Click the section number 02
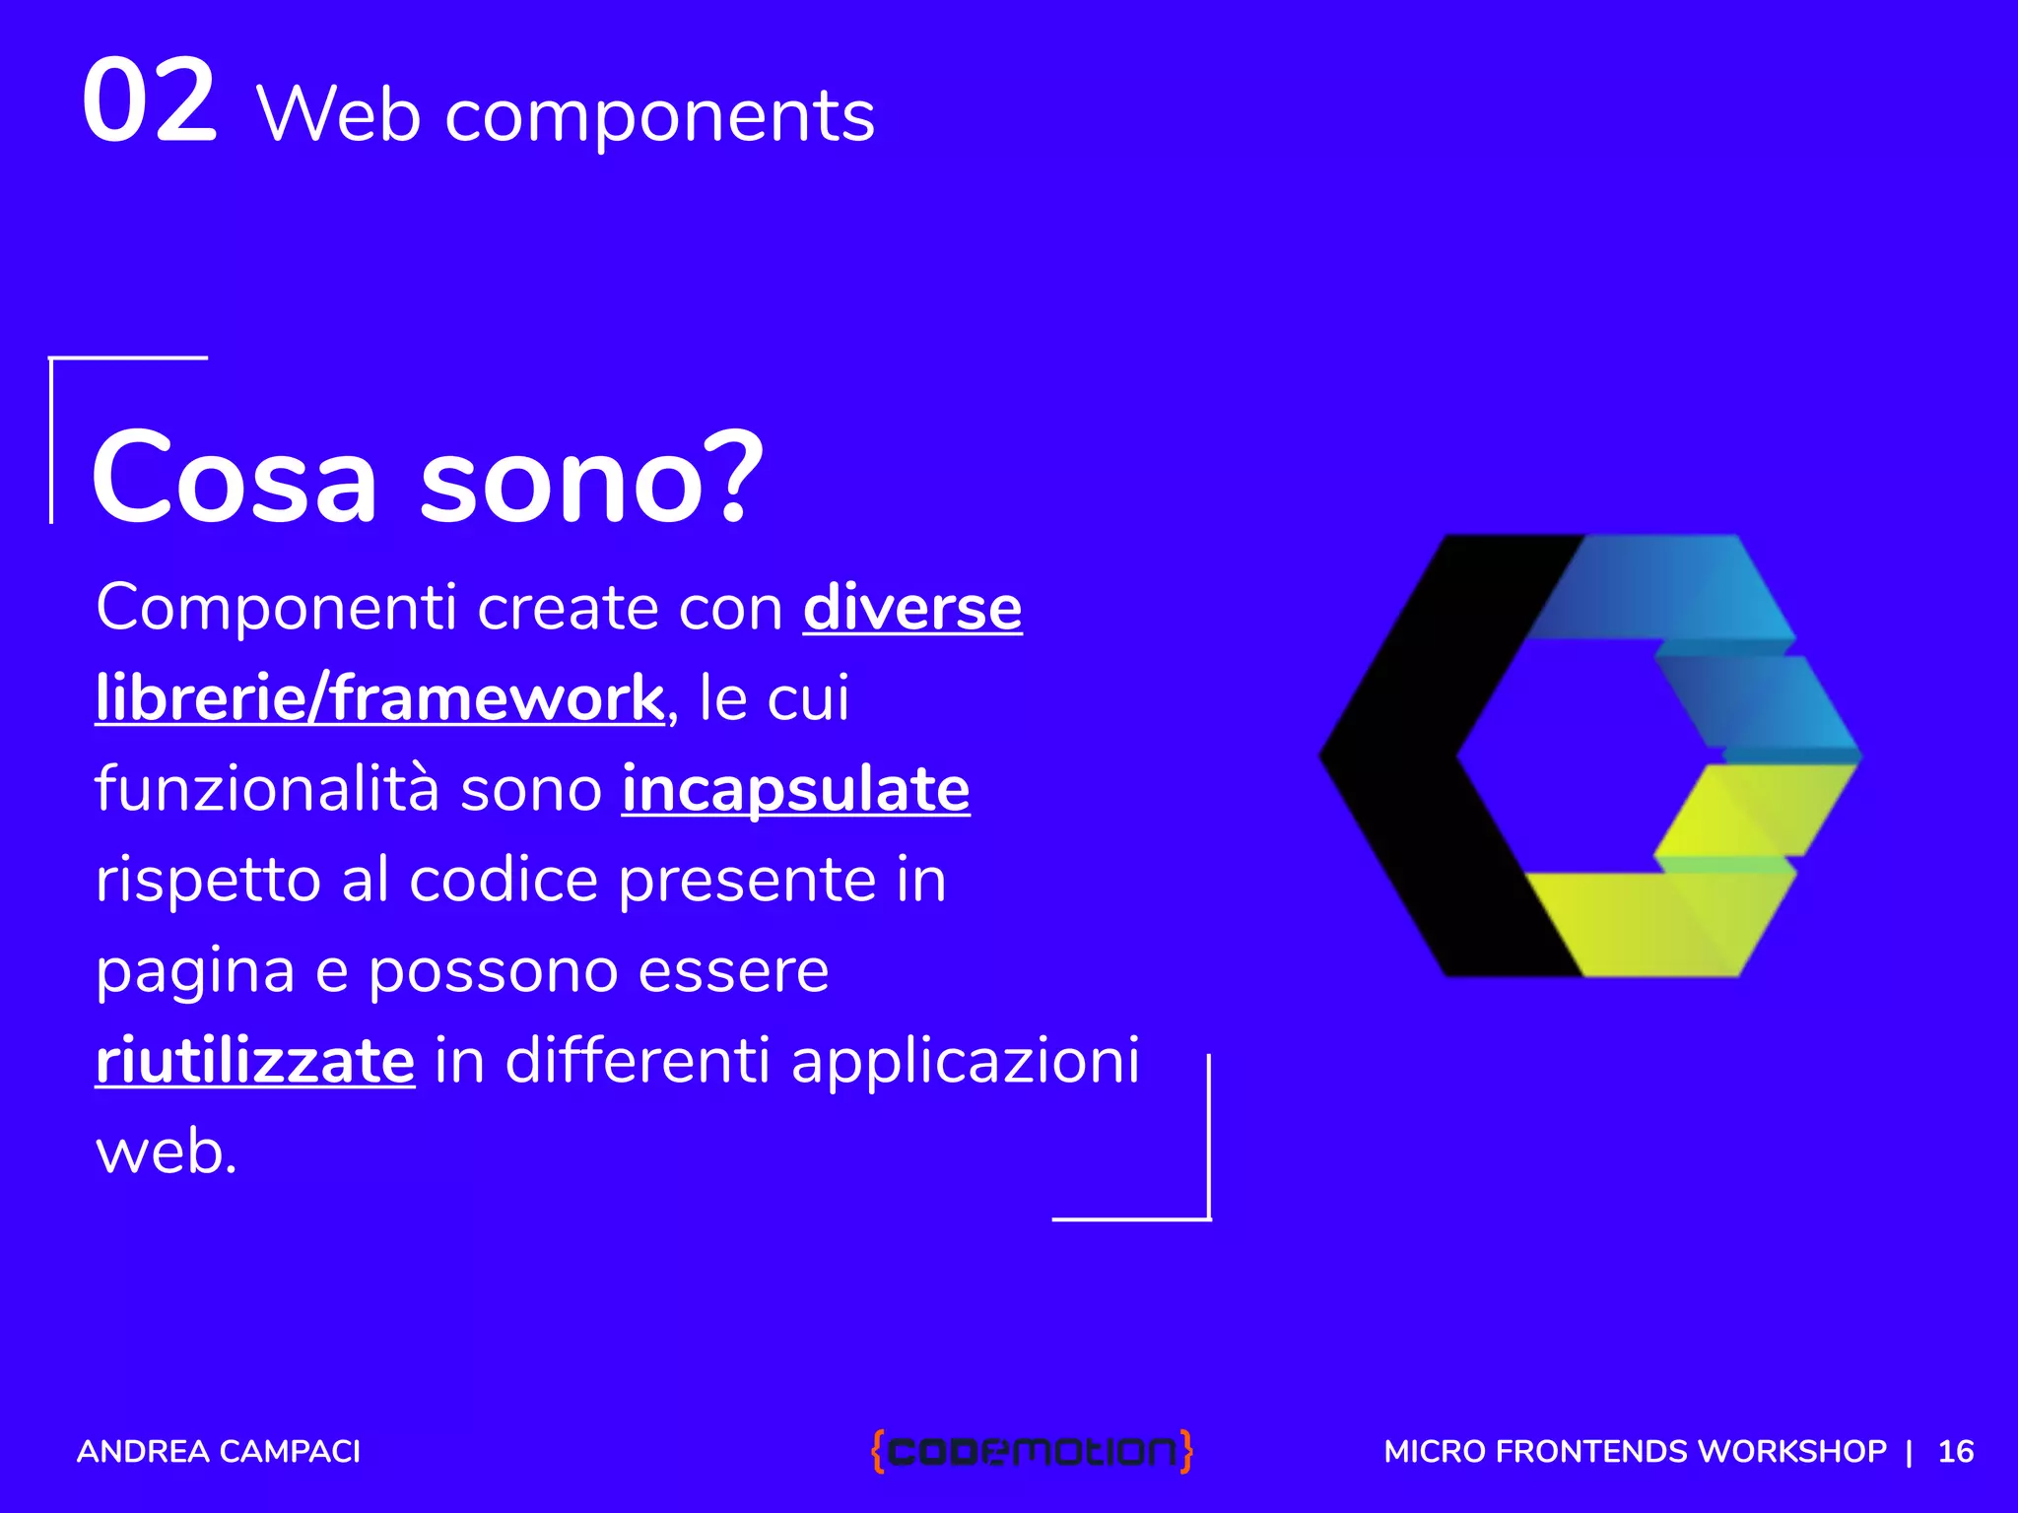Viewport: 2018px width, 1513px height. (149, 100)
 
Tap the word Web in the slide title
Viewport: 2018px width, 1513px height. (338, 115)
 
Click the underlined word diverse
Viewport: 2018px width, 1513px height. (912, 607)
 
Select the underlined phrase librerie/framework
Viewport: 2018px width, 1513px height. (380, 697)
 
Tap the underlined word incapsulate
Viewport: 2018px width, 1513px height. (795, 789)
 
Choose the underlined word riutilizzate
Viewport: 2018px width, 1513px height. (255, 1061)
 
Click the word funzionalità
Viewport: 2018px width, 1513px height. (266, 789)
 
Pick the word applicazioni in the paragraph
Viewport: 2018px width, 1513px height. (965, 1061)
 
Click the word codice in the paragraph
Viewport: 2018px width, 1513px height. (504, 880)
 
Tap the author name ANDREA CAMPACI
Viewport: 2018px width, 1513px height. (219, 1451)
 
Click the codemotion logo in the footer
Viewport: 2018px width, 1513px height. (1032, 1451)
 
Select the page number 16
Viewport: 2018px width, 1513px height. (1955, 1451)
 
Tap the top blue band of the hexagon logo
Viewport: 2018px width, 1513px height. (1665, 587)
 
